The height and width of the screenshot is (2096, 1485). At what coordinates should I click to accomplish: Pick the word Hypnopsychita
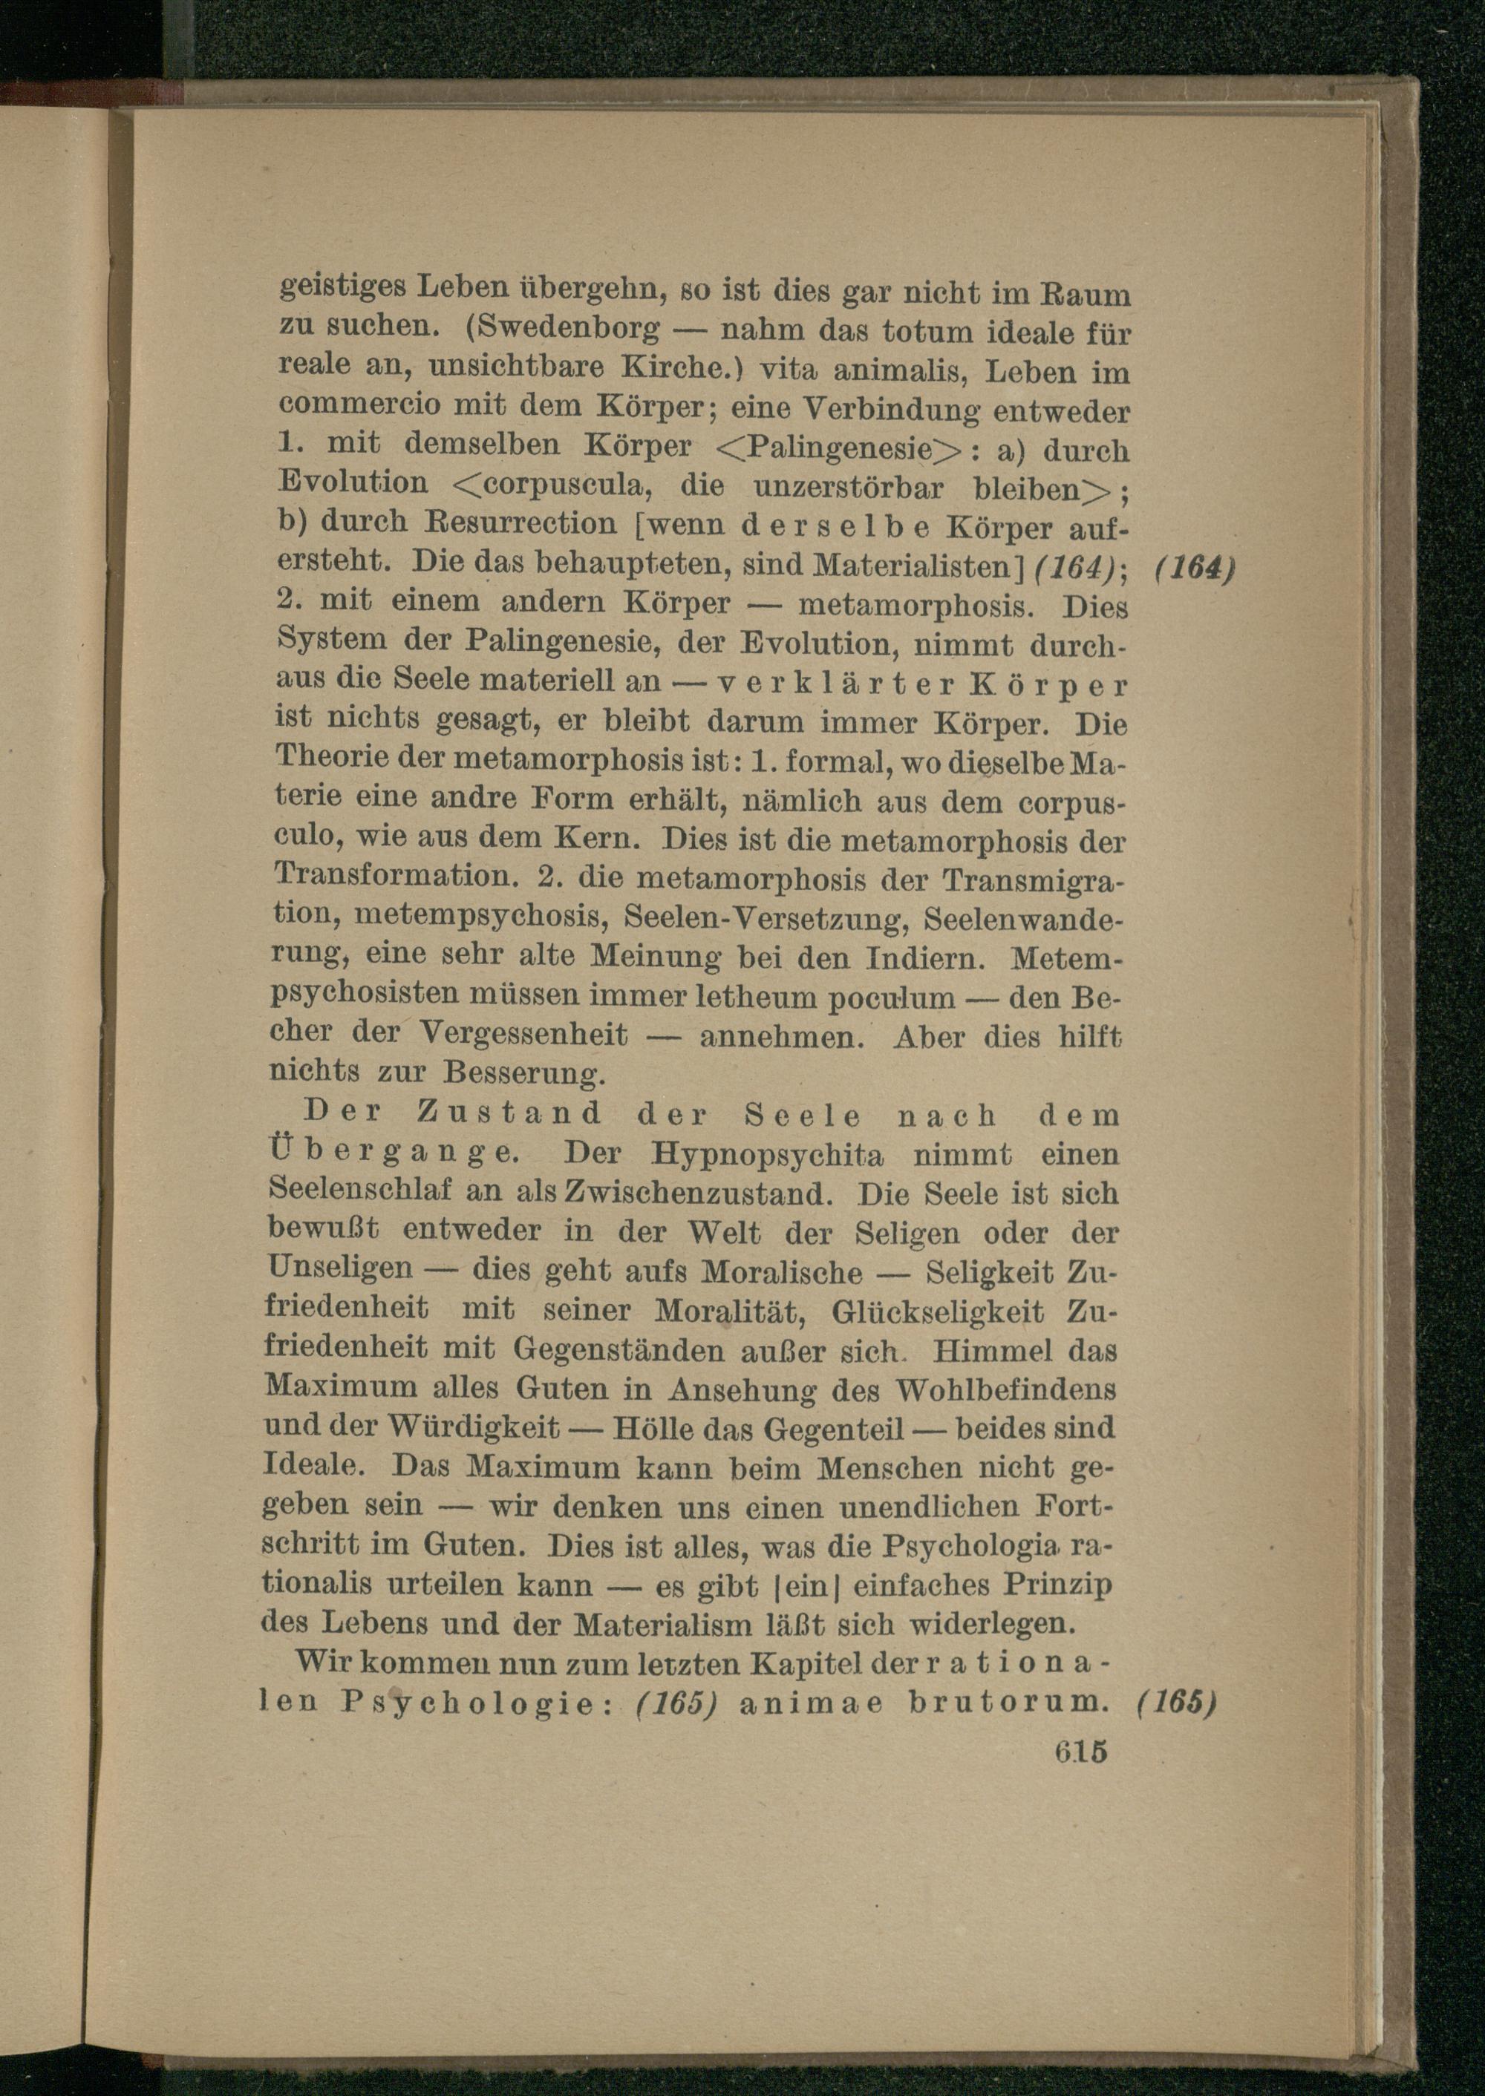tap(768, 1154)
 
